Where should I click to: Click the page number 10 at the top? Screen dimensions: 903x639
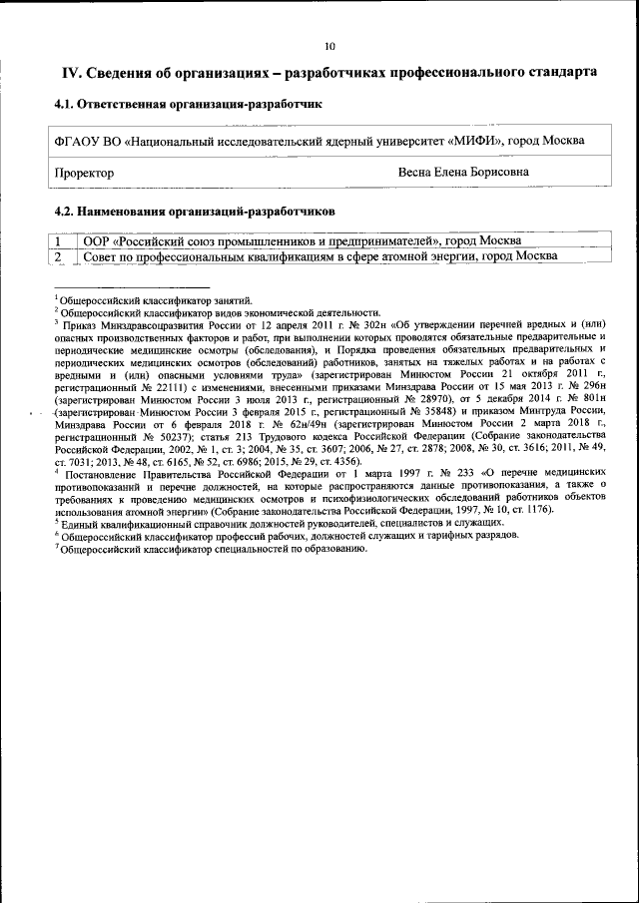click(x=329, y=46)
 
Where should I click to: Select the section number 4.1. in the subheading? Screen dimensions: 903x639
click(x=65, y=103)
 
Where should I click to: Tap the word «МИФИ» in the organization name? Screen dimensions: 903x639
click(x=476, y=140)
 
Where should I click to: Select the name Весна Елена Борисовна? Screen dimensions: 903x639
click(x=463, y=173)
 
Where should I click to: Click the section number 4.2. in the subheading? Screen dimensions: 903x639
click(x=65, y=212)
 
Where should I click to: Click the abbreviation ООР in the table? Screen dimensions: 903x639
click(x=96, y=240)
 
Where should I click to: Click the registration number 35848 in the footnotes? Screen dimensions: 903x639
click(x=430, y=410)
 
